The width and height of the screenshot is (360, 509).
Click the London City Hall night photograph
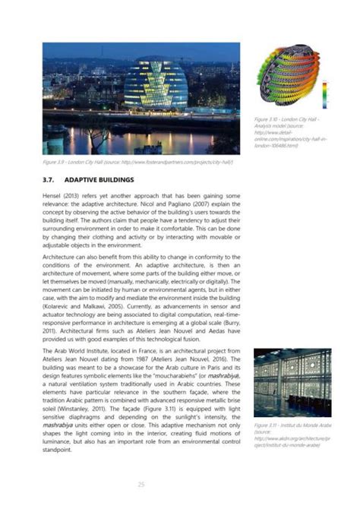(x=141, y=99)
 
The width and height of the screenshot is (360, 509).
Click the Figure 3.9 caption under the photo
(x=137, y=163)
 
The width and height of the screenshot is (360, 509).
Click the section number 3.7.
(x=50, y=180)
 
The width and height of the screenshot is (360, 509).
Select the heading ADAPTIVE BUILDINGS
(x=99, y=180)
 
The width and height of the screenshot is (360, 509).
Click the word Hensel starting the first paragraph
(x=52, y=196)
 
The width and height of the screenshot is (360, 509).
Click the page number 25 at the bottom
(x=141, y=484)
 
